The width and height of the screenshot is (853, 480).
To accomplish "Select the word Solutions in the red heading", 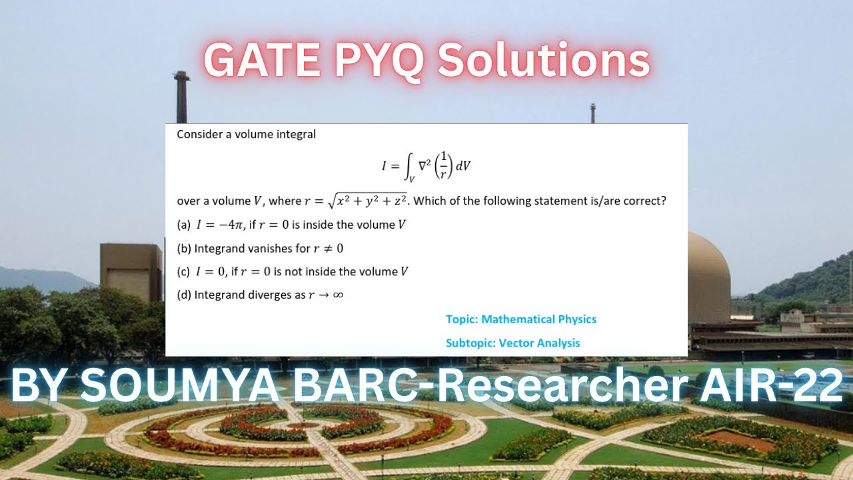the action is (544, 60).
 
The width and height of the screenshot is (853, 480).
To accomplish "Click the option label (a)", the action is (183, 225).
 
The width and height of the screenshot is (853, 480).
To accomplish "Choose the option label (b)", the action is (184, 249).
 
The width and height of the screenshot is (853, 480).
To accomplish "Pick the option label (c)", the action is (183, 271).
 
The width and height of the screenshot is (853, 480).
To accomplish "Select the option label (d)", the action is (184, 295).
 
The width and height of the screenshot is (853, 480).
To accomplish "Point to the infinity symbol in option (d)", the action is (338, 295).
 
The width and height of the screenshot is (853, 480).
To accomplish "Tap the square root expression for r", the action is (367, 201).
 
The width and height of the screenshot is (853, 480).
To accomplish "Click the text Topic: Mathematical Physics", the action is (521, 319).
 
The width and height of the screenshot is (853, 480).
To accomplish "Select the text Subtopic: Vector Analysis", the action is (513, 343).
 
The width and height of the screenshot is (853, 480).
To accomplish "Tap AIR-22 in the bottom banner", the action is (771, 385).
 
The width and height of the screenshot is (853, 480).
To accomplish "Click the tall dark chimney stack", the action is (182, 97).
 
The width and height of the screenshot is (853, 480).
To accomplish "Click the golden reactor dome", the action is (709, 277).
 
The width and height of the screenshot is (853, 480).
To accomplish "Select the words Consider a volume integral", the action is (247, 134).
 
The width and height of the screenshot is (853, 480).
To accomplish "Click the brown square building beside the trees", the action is (131, 272).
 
